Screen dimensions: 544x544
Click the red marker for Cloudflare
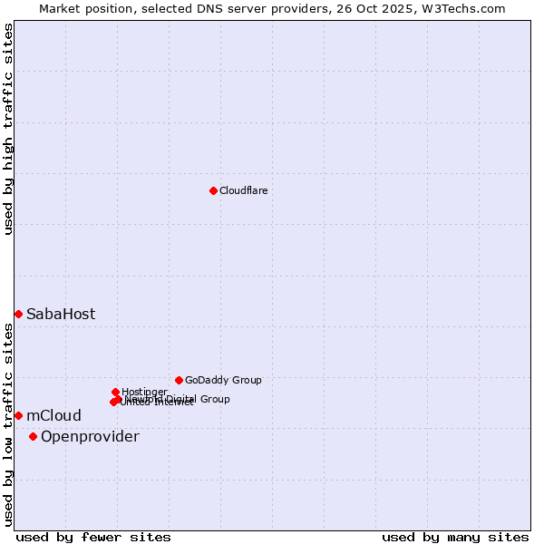tap(213, 190)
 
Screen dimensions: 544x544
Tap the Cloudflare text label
tap(243, 190)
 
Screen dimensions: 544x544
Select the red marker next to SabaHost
tap(18, 314)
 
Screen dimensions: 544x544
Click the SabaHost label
tap(60, 315)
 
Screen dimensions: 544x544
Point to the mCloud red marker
tap(18, 415)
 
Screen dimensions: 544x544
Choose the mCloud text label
tap(53, 416)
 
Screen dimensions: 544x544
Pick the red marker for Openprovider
tap(33, 436)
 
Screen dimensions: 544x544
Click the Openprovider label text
tap(90, 437)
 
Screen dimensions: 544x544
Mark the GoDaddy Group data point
tap(179, 380)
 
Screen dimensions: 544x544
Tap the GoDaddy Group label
tap(223, 381)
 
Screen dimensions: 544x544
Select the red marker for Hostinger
tap(115, 392)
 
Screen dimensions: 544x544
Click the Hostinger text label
tap(144, 392)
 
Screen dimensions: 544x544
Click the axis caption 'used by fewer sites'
tap(93, 538)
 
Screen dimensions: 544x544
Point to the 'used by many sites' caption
tap(455, 538)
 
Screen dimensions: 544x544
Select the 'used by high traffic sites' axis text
tap(9, 129)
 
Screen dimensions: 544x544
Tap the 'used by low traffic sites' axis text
tap(9, 425)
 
